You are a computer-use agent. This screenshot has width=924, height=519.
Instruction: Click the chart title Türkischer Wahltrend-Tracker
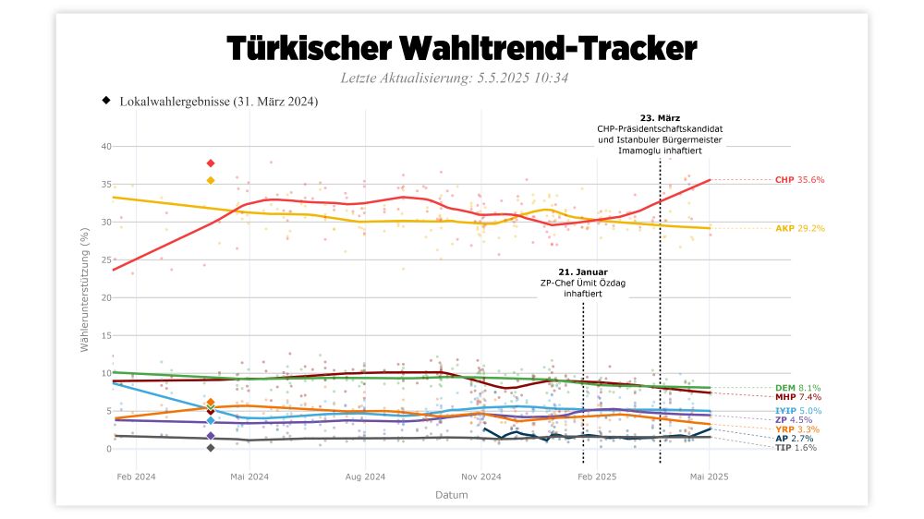click(461, 47)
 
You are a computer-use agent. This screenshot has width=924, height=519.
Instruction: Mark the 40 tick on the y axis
click(106, 147)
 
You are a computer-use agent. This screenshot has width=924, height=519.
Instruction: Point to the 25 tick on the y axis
click(106, 260)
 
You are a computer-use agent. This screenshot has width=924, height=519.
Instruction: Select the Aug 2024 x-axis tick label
click(365, 477)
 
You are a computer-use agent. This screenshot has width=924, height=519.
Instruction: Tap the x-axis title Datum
click(451, 495)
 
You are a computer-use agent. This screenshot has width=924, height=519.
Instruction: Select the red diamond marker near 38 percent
click(211, 163)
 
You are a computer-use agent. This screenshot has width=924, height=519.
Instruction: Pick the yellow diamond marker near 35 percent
click(211, 180)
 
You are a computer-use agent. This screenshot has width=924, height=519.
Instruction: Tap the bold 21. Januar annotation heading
click(583, 272)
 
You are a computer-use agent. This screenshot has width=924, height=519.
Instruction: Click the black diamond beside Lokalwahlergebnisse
click(106, 100)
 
